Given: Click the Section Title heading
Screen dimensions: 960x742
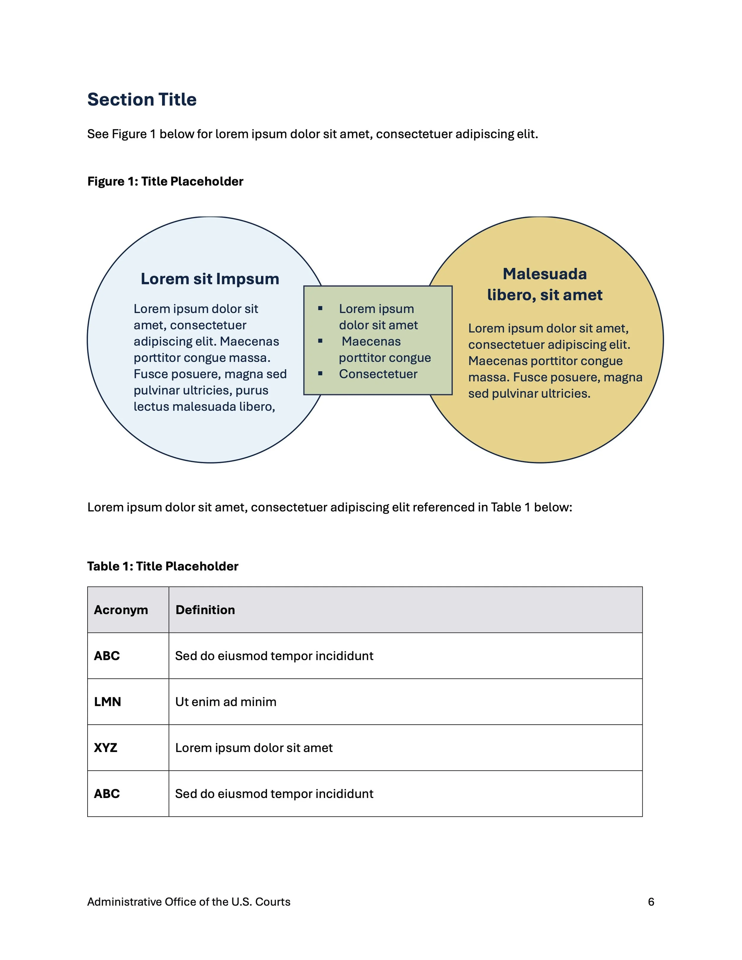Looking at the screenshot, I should pyautogui.click(x=142, y=100).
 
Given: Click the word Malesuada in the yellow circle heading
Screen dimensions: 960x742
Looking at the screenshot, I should pyautogui.click(x=544, y=274).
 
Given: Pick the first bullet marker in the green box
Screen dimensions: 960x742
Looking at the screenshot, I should pyautogui.click(x=321, y=309).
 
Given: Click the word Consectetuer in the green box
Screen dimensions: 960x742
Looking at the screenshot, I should pyautogui.click(x=378, y=374).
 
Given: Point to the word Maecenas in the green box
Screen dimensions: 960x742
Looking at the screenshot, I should pyautogui.click(x=371, y=342).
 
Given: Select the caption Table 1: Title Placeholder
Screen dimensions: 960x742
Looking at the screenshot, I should pyautogui.click(x=163, y=566).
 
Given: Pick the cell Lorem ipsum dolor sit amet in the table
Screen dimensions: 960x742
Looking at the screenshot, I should pyautogui.click(x=254, y=748).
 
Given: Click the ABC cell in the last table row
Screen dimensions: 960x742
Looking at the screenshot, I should pyautogui.click(x=107, y=794).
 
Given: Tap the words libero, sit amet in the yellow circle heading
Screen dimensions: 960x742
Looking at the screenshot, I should pyautogui.click(x=544, y=295).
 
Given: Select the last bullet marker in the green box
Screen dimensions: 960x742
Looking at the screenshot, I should pyautogui.click(x=321, y=374).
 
